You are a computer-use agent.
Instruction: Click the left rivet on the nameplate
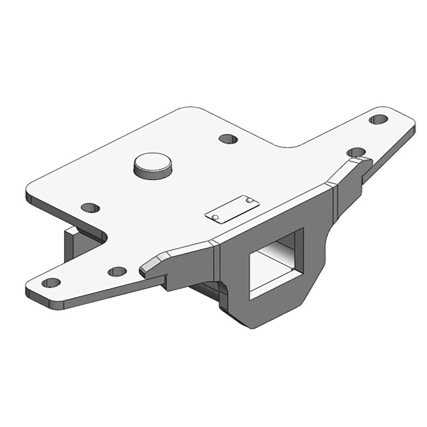pyautogui.click(x=215, y=217)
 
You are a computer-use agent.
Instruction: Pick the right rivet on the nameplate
pyautogui.click(x=249, y=201)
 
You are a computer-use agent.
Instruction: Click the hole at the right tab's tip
pyautogui.click(x=378, y=120)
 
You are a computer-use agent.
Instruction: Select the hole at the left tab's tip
pyautogui.click(x=52, y=282)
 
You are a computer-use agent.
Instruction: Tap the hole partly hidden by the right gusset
pyautogui.click(x=355, y=153)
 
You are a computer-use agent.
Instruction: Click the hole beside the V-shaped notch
pyautogui.click(x=91, y=207)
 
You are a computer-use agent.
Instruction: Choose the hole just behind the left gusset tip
pyautogui.click(x=117, y=272)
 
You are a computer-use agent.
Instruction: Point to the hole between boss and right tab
pyautogui.click(x=228, y=139)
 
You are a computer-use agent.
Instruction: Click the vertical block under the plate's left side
pyautogui.click(x=72, y=246)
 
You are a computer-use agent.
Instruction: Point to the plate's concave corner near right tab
pyautogui.click(x=291, y=145)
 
